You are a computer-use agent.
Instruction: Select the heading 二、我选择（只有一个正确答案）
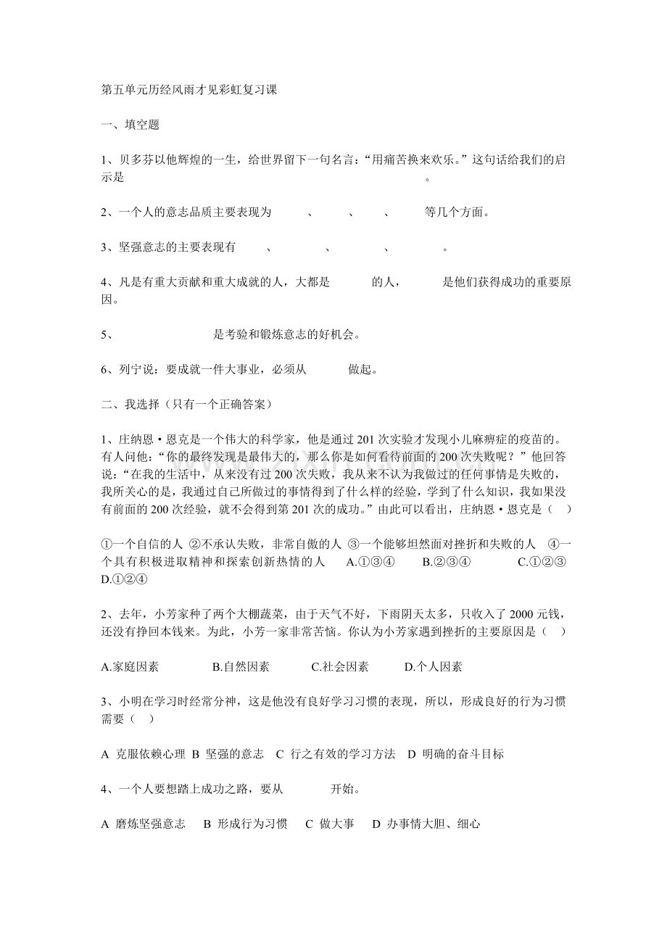pos(187,404)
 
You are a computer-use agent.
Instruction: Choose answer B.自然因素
pos(241,667)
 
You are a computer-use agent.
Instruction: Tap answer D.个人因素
pos(433,667)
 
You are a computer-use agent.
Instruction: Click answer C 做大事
pos(330,824)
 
